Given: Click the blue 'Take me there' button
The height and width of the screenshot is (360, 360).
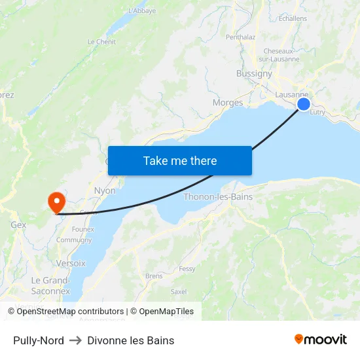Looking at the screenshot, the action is click(180, 160).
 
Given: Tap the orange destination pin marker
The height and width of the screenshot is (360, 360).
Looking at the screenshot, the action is click(57, 201).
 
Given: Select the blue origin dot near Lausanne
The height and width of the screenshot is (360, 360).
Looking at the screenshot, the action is click(304, 104).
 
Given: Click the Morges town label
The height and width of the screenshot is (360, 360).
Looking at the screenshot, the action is click(228, 103).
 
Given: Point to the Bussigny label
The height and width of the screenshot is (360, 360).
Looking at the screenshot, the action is click(254, 74).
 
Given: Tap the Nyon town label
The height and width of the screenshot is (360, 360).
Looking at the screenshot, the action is click(105, 191).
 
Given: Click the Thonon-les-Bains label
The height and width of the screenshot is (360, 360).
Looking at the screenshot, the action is click(218, 196).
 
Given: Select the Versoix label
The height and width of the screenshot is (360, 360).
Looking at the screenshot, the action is click(71, 263).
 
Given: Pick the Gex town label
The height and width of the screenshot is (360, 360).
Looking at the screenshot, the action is click(18, 225).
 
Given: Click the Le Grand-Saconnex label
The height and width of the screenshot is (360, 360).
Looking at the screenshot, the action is click(51, 285).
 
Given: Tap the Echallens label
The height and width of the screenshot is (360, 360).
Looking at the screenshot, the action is click(293, 18).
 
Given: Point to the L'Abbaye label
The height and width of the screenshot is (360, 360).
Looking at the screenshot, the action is click(141, 10).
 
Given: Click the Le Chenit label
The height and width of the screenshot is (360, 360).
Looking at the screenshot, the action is click(101, 42).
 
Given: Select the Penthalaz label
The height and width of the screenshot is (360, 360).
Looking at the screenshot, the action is click(240, 37).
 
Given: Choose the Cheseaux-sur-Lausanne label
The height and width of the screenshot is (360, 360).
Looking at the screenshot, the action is click(281, 55).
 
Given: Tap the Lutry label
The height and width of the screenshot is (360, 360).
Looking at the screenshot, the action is click(317, 113).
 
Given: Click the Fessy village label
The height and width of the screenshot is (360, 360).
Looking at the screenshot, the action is click(187, 268).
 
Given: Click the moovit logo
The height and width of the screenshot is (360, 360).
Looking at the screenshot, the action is click(321, 340).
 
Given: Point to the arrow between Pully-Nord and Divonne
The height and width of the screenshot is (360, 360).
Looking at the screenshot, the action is click(75, 340).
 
